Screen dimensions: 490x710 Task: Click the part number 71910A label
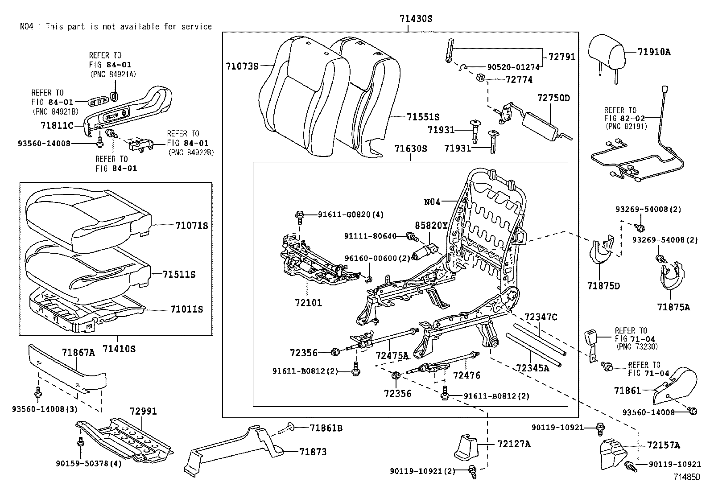point(654,52)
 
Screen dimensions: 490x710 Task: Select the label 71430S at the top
point(416,19)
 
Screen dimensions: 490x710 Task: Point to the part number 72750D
point(553,98)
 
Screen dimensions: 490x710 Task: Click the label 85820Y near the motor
point(431,226)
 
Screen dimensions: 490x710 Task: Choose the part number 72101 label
point(308,303)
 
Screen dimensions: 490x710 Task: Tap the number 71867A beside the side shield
point(78,353)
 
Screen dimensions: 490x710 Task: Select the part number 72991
point(143,411)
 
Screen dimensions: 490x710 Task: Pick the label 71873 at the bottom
point(313,452)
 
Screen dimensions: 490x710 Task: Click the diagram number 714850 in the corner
point(687,477)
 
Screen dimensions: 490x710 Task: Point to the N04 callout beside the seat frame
point(432,202)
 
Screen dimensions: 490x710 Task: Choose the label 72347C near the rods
point(541,317)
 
